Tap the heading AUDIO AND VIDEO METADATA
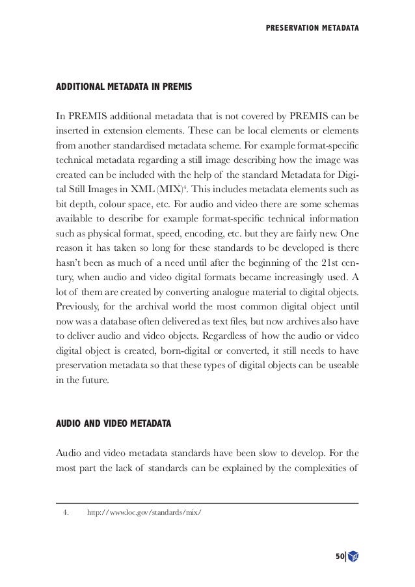tap(114, 424)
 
